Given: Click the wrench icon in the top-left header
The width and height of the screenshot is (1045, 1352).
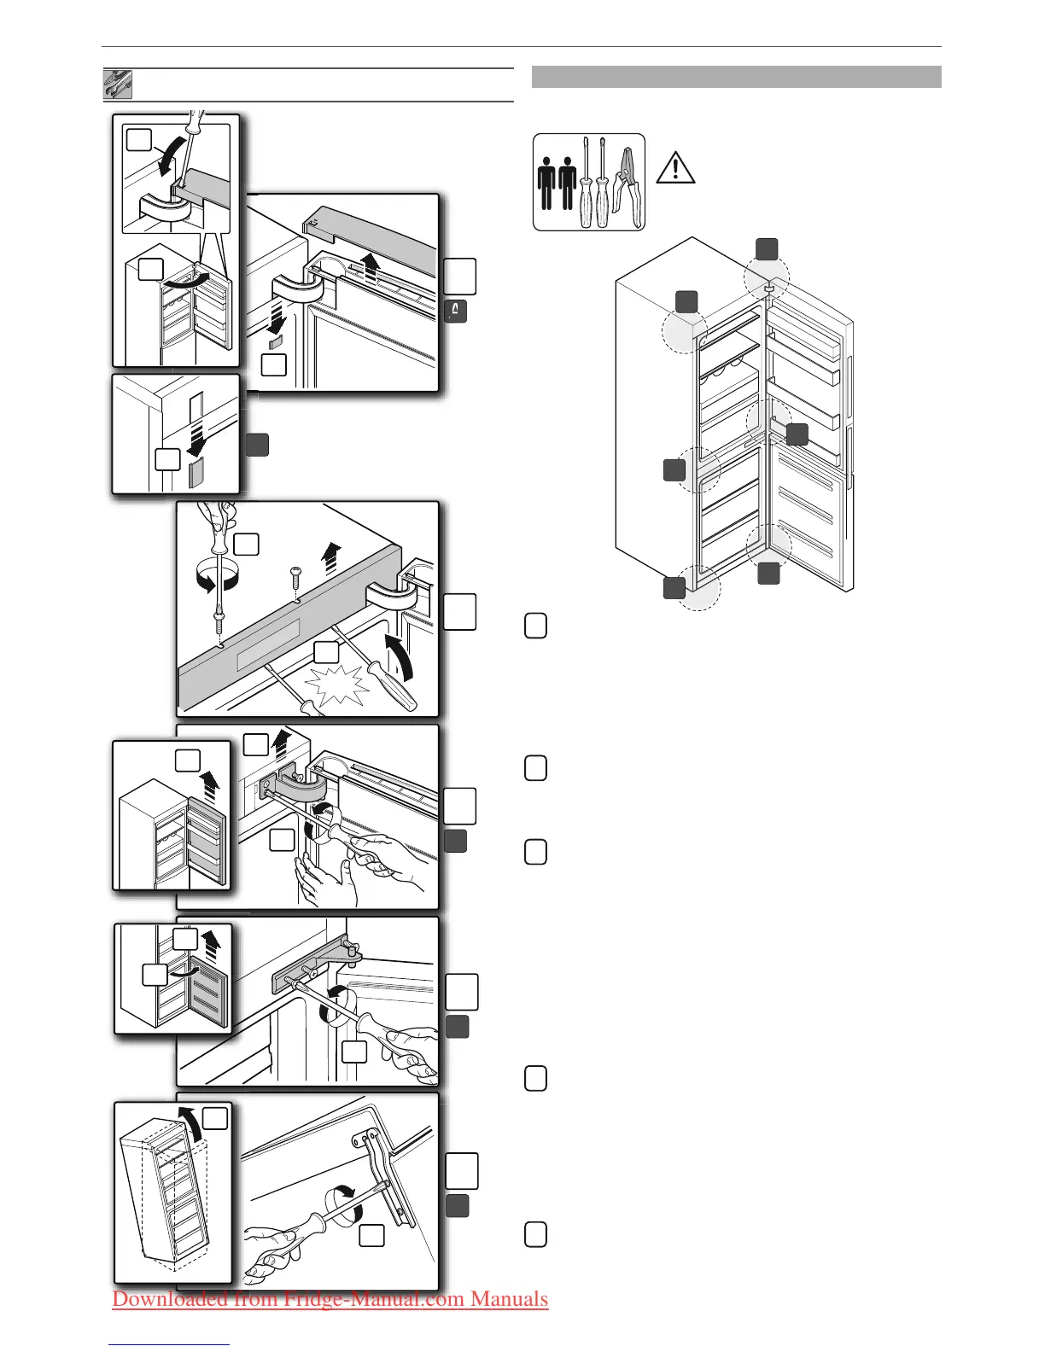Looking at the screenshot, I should point(118,84).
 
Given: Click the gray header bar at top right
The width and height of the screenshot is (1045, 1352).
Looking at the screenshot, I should point(736,77).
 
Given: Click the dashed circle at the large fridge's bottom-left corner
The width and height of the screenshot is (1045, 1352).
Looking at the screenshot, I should point(699,590).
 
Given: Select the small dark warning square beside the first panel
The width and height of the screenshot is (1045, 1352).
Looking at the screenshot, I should point(455,312).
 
